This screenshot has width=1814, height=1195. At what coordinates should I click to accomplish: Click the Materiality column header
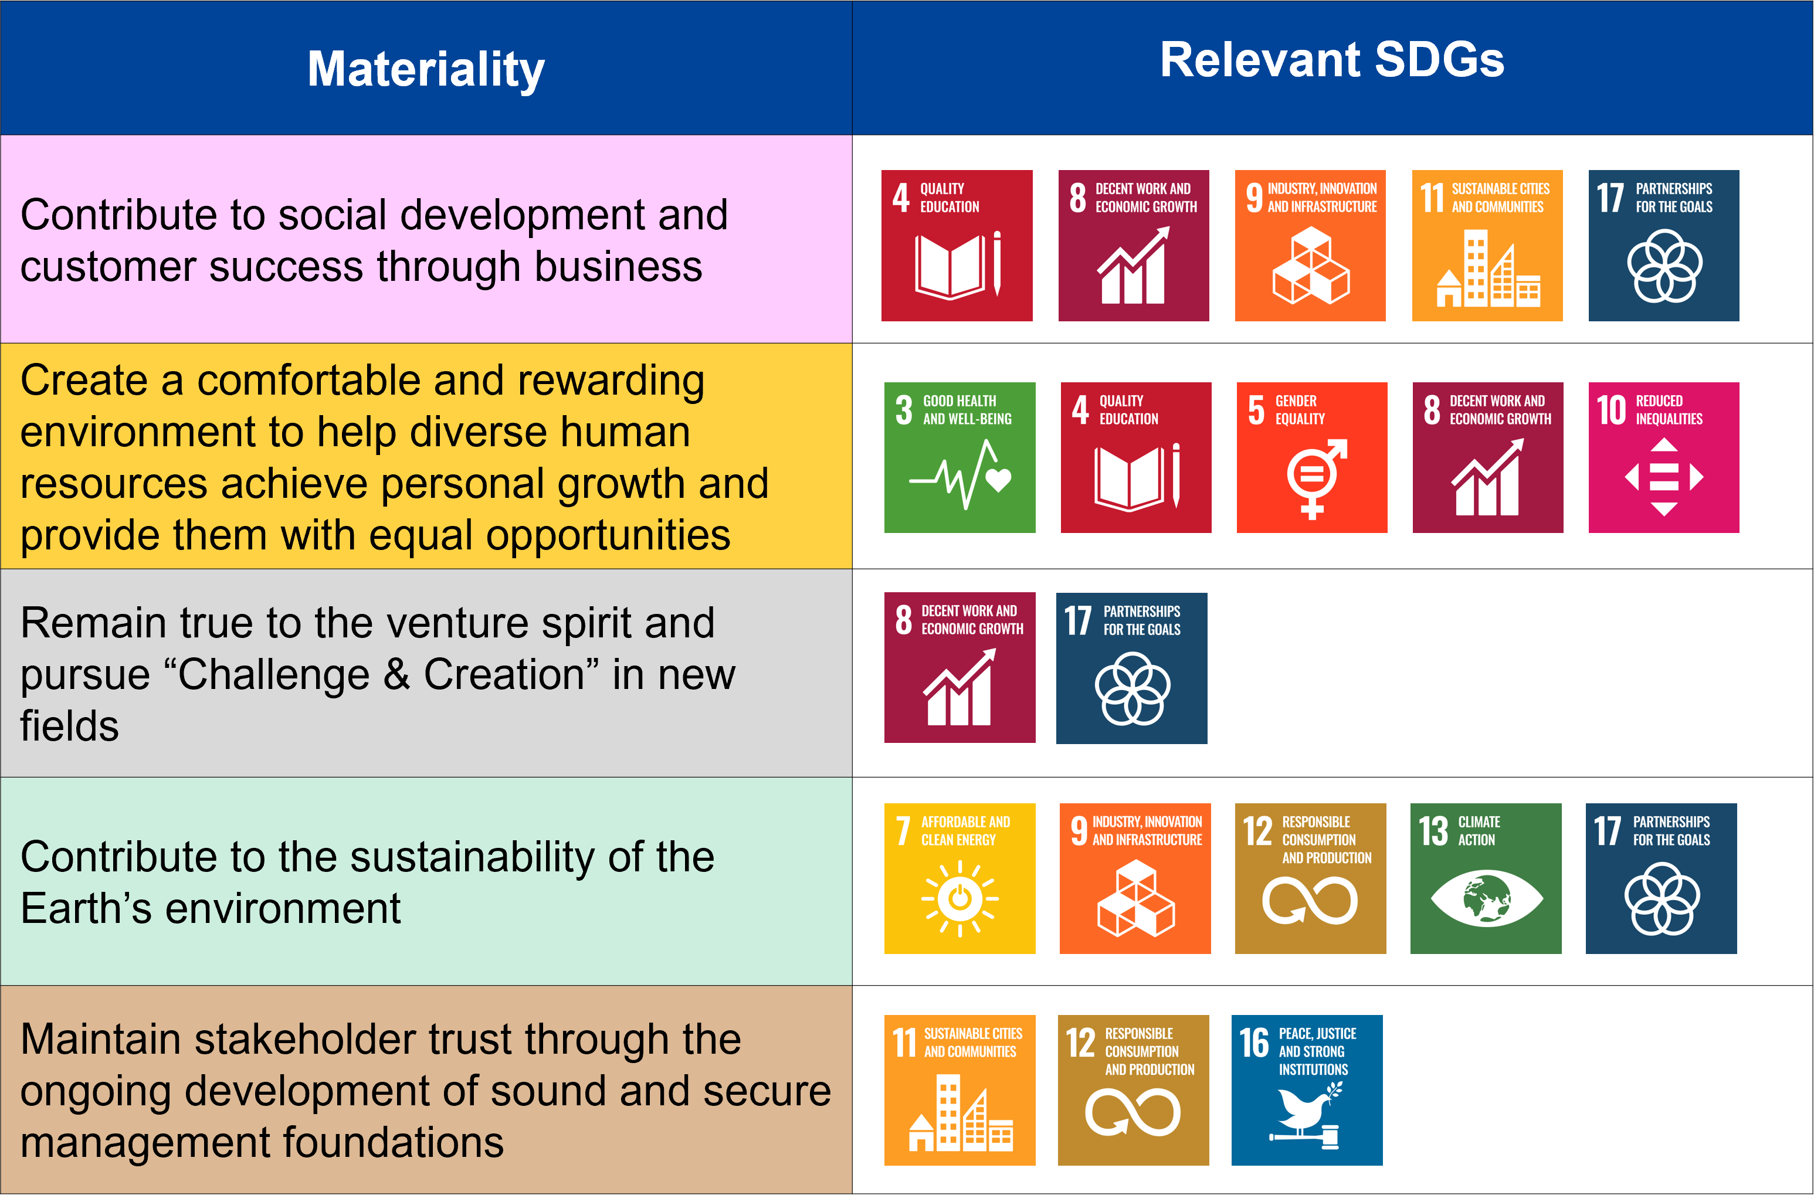[x=425, y=69]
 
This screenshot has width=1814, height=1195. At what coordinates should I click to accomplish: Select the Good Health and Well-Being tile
[x=959, y=457]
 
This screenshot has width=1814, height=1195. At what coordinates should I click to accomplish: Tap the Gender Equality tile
[x=1312, y=457]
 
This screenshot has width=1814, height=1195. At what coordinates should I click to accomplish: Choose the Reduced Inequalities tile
[x=1663, y=457]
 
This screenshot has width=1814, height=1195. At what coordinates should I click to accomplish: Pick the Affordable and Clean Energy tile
[x=959, y=878]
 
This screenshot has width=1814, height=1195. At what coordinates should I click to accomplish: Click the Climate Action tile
[x=1486, y=878]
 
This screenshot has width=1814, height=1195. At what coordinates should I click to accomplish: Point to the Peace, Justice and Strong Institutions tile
[x=1306, y=1090]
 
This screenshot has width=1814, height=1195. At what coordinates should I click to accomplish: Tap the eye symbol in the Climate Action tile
[x=1486, y=898]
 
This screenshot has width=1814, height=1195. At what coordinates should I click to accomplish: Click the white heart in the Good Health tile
[x=998, y=480]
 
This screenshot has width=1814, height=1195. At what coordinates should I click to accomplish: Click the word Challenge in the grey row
[x=278, y=674]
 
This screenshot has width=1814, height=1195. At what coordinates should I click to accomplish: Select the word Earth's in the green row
[x=86, y=908]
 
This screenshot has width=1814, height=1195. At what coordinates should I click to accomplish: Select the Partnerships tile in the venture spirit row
[x=1132, y=668]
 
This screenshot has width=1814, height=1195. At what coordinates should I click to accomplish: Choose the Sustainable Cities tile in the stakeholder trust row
[x=959, y=1090]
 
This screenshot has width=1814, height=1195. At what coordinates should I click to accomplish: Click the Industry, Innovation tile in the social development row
[x=1310, y=246]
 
